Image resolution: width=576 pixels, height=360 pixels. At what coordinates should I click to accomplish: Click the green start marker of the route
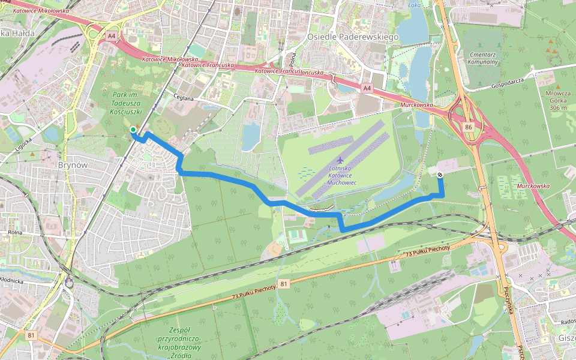133,130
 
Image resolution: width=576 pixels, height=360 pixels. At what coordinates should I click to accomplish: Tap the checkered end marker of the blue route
440,175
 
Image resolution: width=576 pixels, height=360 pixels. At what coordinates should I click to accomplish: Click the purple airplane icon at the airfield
340,160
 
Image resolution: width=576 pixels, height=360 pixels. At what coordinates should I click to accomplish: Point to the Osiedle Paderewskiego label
353,37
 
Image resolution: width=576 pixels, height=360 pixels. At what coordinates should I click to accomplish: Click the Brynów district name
73,164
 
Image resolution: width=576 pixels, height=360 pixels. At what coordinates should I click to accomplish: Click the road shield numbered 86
468,127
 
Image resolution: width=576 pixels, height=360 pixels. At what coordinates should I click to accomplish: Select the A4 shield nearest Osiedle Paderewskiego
367,88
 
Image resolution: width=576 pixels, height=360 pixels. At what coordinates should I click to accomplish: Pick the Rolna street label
15,232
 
